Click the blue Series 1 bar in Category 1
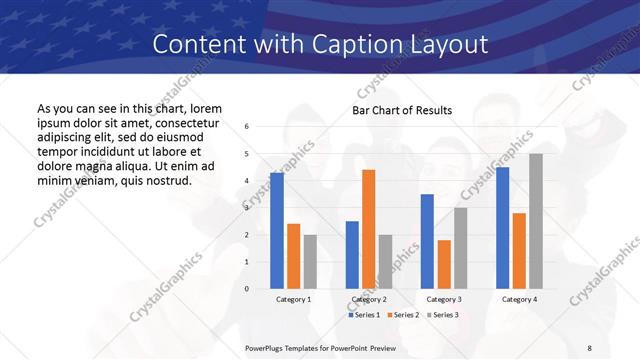(277, 231)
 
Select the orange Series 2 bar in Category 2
(368, 229)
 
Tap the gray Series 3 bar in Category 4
(535, 221)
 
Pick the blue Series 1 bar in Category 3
(427, 241)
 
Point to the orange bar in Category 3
(443, 264)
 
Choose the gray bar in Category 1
(310, 261)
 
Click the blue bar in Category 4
(502, 228)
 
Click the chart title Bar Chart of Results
(402, 110)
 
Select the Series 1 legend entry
(364, 315)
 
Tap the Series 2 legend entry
(402, 315)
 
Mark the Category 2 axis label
(368, 300)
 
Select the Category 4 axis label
(518, 300)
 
